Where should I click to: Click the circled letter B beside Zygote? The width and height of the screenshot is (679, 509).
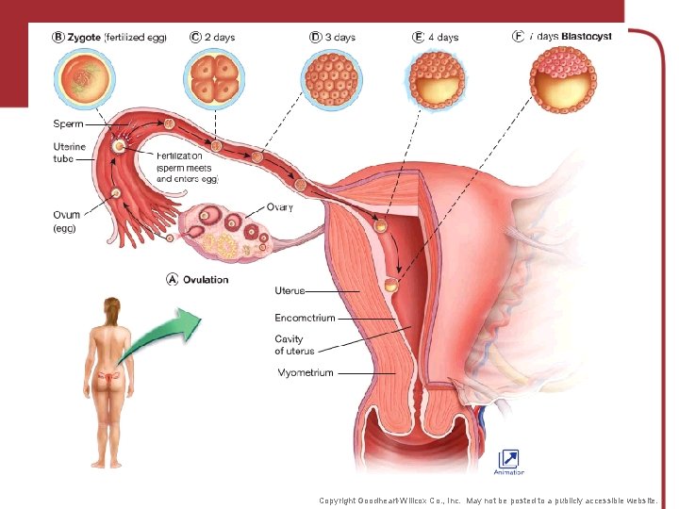[x=58, y=37]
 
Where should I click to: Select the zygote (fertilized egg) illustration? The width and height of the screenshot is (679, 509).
[x=85, y=77]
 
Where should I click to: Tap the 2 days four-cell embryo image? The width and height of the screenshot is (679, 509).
[x=214, y=77]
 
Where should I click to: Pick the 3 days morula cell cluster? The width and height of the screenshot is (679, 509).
[x=330, y=77]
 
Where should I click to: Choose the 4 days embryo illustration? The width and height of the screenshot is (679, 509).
[x=438, y=78]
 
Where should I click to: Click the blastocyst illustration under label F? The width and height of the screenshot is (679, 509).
[x=562, y=79]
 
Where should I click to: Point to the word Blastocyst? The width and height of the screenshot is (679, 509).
[x=587, y=36]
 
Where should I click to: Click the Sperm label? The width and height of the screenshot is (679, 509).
[x=68, y=123]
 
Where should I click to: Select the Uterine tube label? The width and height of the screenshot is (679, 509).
[x=69, y=153]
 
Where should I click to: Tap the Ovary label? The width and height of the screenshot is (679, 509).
[x=280, y=206]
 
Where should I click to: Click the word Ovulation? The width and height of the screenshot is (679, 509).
[x=206, y=280]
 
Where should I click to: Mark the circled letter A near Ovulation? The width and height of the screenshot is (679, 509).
[x=172, y=279]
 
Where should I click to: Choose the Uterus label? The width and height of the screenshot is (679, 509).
[x=290, y=290]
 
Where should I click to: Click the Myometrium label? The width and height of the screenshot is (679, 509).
[x=305, y=373]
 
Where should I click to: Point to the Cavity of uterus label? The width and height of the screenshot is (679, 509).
[x=295, y=345]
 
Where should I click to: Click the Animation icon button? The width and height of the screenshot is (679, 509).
[x=508, y=458]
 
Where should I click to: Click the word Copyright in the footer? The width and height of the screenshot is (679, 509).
[x=341, y=501]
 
